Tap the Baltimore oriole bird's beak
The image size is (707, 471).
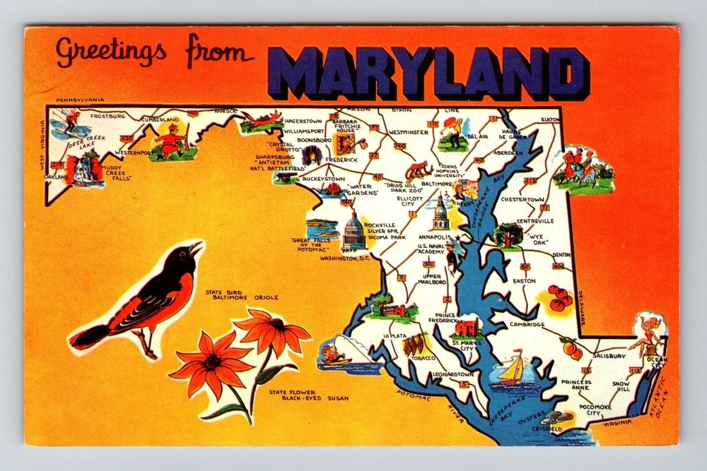(x=196, y=247)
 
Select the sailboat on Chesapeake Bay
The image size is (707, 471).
(x=514, y=369)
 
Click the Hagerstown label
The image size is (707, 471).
(x=303, y=121)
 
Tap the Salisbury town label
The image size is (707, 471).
(x=609, y=357)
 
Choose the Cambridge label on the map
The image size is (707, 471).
(x=527, y=324)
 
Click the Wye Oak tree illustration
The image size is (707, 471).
(x=508, y=234)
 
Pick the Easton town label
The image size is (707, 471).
(x=524, y=280)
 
